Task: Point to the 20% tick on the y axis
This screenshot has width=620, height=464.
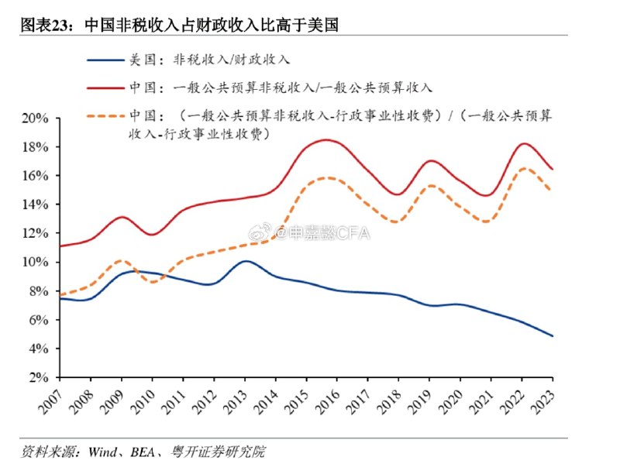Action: (x=36, y=119)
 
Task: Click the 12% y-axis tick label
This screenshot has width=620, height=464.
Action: (x=36, y=233)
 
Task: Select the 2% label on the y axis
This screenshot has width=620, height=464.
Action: (x=39, y=377)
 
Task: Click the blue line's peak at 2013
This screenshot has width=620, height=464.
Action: (x=245, y=261)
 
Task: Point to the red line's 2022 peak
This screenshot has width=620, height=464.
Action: (x=525, y=143)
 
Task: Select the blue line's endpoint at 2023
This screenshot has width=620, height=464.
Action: (x=553, y=336)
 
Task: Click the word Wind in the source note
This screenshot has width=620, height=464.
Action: (x=102, y=451)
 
